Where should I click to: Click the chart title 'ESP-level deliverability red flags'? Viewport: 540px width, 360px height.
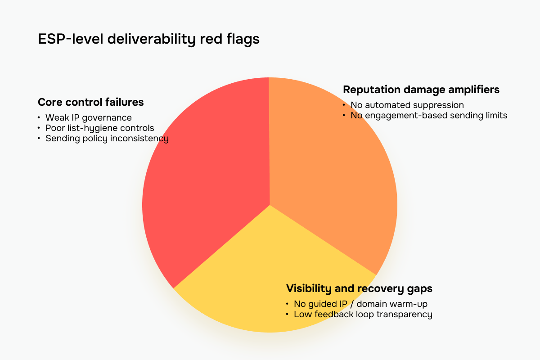(148, 39)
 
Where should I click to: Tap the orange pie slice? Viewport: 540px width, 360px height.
(333, 180)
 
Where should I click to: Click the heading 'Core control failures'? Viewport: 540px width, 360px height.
(90, 102)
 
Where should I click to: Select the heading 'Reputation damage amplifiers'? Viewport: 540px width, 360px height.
(421, 90)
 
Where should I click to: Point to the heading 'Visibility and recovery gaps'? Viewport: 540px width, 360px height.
(359, 288)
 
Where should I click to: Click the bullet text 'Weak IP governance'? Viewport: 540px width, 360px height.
(88, 117)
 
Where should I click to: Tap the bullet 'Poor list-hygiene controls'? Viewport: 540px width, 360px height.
(99, 128)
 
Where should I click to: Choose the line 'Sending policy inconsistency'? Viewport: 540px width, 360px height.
(107, 138)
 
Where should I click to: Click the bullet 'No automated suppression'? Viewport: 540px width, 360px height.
(407, 105)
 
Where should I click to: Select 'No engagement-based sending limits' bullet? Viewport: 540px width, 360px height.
(428, 115)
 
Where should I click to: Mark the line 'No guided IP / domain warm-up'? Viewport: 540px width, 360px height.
(360, 304)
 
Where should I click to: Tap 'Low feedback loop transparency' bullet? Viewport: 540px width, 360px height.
(363, 314)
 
